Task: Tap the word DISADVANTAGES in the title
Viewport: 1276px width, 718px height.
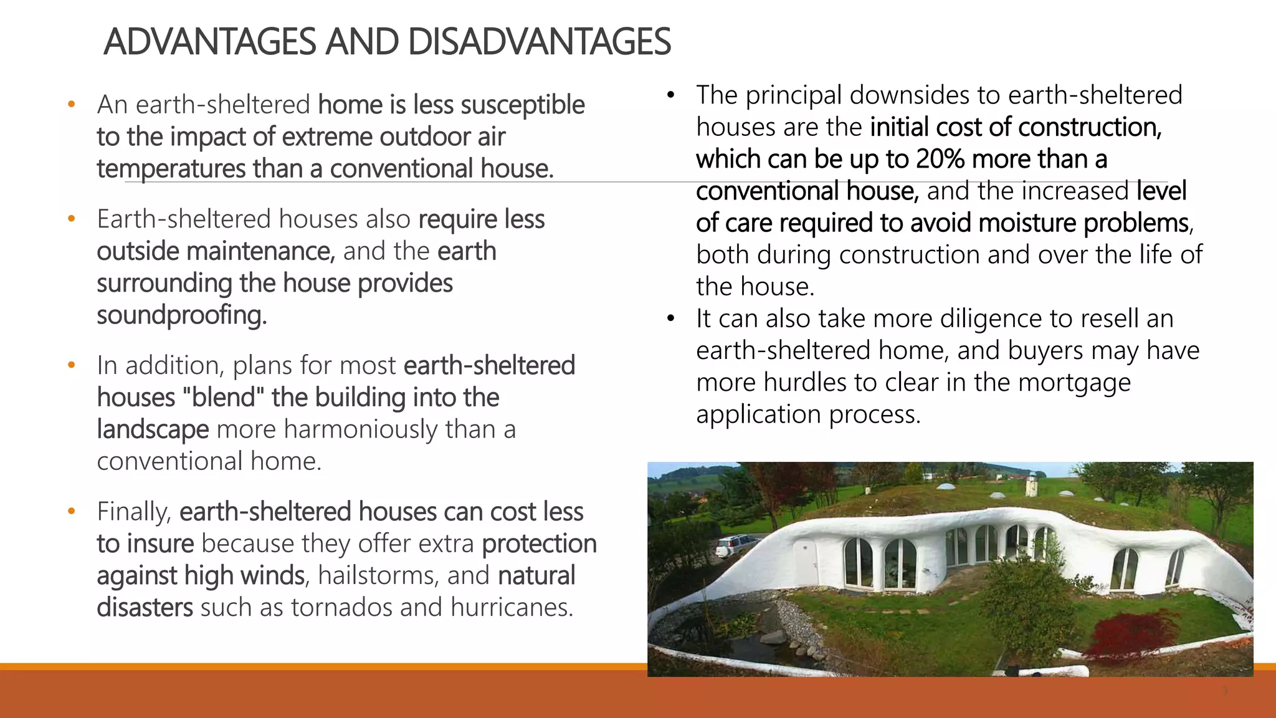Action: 540,42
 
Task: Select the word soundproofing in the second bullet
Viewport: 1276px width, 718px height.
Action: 181,315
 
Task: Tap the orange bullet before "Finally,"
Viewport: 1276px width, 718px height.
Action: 72,512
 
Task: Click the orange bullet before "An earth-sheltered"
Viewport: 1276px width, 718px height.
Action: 72,105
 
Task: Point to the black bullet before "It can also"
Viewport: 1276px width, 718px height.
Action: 670,318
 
